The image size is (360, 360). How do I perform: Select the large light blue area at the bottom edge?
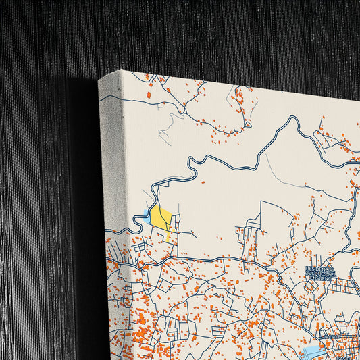point(314,352)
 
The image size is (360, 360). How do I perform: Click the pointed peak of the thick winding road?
point(292,118)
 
